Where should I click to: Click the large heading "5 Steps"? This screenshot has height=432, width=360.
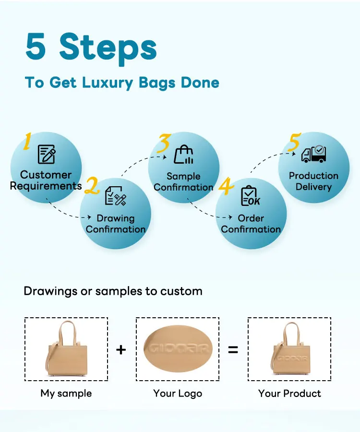(x=91, y=47)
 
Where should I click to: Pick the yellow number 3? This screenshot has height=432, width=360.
(x=164, y=144)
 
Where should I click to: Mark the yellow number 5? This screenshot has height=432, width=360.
(x=294, y=144)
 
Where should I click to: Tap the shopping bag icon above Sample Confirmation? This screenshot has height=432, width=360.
(x=184, y=155)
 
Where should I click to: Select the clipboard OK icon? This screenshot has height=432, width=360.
(x=250, y=196)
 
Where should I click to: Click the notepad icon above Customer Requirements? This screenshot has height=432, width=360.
(x=47, y=155)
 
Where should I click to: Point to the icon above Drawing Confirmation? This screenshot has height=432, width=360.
(x=115, y=196)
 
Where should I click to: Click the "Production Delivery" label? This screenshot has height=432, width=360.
(x=313, y=181)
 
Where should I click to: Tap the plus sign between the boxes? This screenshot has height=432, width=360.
(x=121, y=349)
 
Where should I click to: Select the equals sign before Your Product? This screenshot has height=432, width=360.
(x=233, y=349)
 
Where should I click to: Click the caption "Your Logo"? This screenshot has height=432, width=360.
(x=178, y=393)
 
